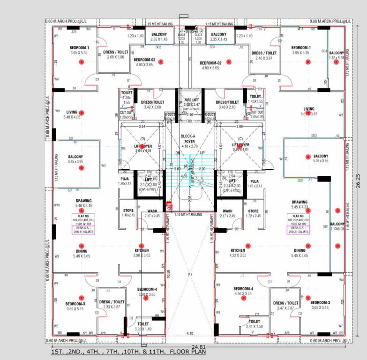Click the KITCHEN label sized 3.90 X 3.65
[142, 250]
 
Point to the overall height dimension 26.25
[359, 178]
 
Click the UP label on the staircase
[202, 153]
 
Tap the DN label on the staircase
[178, 153]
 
